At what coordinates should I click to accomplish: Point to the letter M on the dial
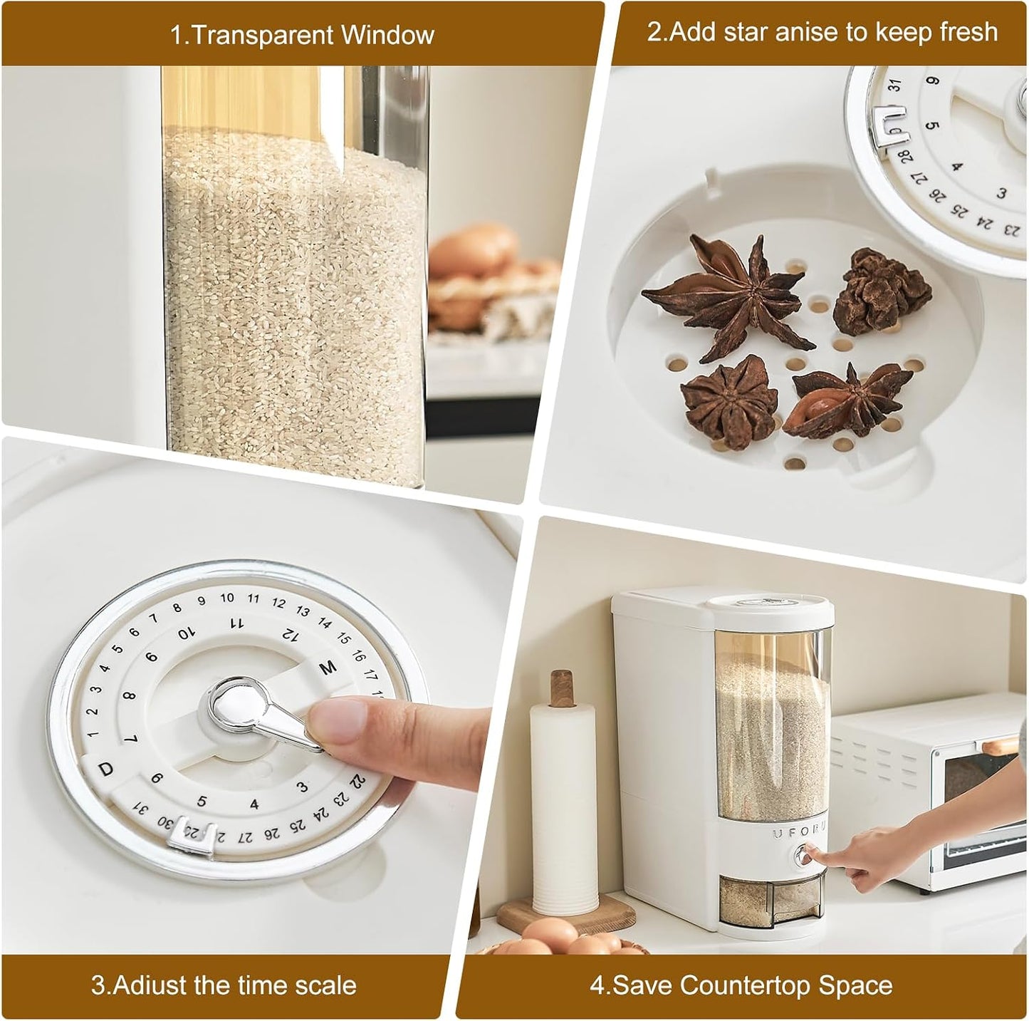328,668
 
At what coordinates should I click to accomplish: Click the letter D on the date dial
106,770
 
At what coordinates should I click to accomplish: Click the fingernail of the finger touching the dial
337,721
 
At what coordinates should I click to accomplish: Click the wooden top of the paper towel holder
560,689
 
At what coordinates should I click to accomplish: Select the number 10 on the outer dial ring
227,597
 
